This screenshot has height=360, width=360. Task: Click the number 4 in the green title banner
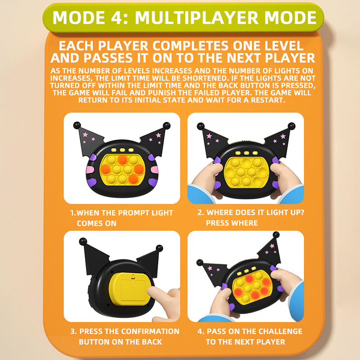[x=117, y=18]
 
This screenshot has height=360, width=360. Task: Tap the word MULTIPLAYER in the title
[x=197, y=18]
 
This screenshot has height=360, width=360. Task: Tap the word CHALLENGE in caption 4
[x=280, y=331]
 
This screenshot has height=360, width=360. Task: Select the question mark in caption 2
[x=302, y=212]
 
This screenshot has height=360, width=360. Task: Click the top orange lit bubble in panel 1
[x=122, y=160]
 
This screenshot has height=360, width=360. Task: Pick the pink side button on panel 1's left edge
[x=90, y=170]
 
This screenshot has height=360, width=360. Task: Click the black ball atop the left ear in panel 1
[x=77, y=126]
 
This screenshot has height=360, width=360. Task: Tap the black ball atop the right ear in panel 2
[x=291, y=126]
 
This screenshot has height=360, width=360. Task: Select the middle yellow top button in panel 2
[x=247, y=153]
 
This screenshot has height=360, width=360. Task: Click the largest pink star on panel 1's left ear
[x=85, y=134]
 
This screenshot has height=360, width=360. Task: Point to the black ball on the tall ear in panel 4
[x=276, y=234]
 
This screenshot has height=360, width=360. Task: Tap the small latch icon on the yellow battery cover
[x=133, y=277]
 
